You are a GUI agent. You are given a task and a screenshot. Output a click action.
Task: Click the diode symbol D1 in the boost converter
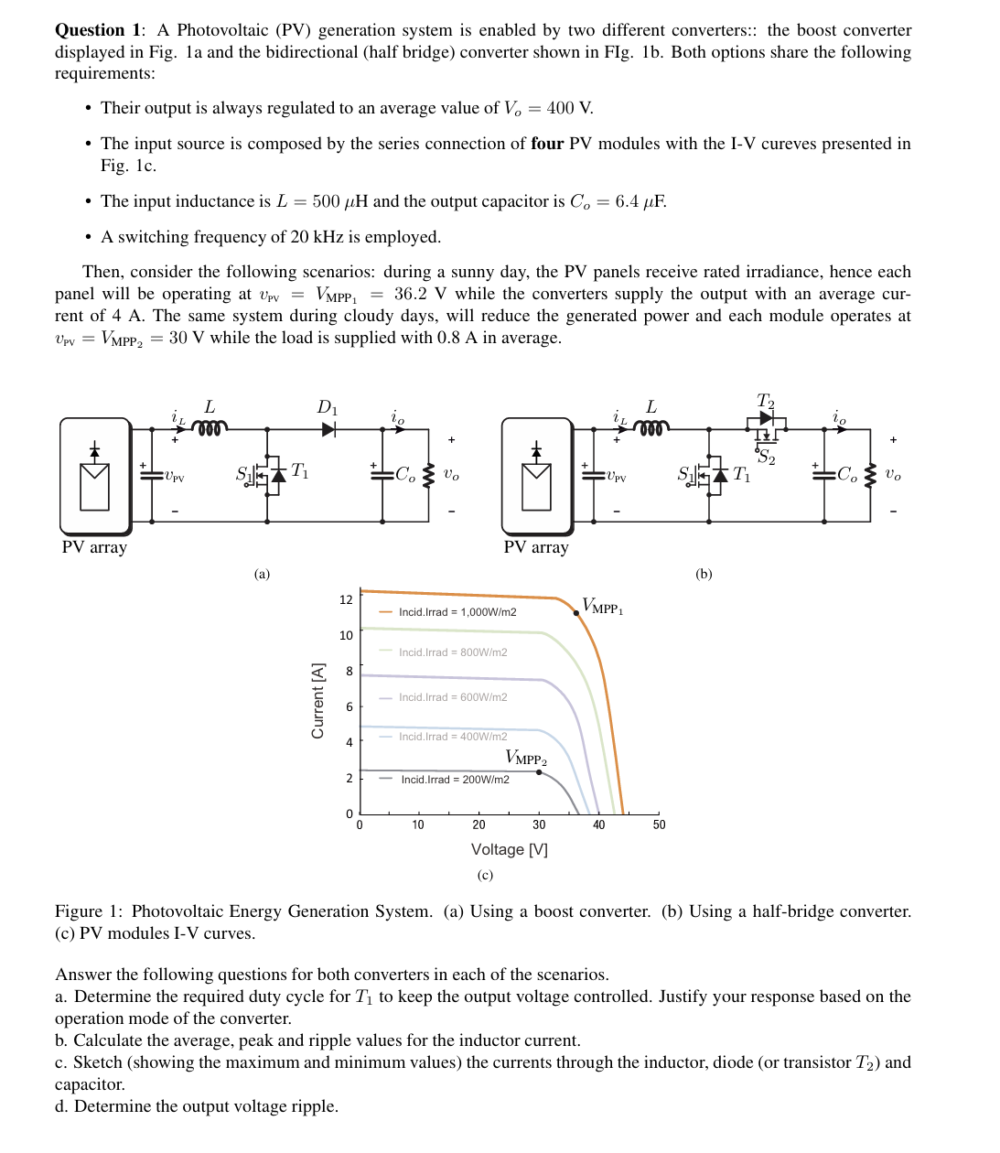tap(328, 428)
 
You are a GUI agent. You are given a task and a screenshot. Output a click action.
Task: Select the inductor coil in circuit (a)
tap(210, 427)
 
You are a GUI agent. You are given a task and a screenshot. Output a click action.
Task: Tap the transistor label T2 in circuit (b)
tap(766, 402)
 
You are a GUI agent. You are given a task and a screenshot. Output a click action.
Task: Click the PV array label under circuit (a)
tap(94, 547)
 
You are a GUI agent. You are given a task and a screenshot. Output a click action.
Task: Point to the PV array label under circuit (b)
tap(536, 547)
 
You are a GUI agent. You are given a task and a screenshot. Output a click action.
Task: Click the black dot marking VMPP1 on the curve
tap(576, 613)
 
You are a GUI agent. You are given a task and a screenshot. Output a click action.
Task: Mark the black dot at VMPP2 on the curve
tap(539, 772)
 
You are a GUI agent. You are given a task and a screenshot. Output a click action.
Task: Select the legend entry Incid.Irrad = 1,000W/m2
tap(457, 612)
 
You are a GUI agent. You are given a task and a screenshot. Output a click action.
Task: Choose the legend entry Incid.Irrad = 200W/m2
tap(455, 780)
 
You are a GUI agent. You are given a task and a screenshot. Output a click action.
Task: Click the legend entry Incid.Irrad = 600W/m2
tap(452, 697)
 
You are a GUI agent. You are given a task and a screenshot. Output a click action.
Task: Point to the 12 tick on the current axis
tap(346, 600)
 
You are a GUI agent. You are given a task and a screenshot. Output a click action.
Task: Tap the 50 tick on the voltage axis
tap(659, 824)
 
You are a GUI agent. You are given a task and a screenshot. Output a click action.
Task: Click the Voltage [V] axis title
tap(510, 849)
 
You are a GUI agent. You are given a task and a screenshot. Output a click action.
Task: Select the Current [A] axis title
tap(318, 701)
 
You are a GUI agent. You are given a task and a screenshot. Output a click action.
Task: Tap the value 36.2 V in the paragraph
tap(420, 294)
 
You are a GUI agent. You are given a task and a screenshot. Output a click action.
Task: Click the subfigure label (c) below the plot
tap(485, 875)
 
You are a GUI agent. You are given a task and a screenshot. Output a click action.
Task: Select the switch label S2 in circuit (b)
tap(766, 458)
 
